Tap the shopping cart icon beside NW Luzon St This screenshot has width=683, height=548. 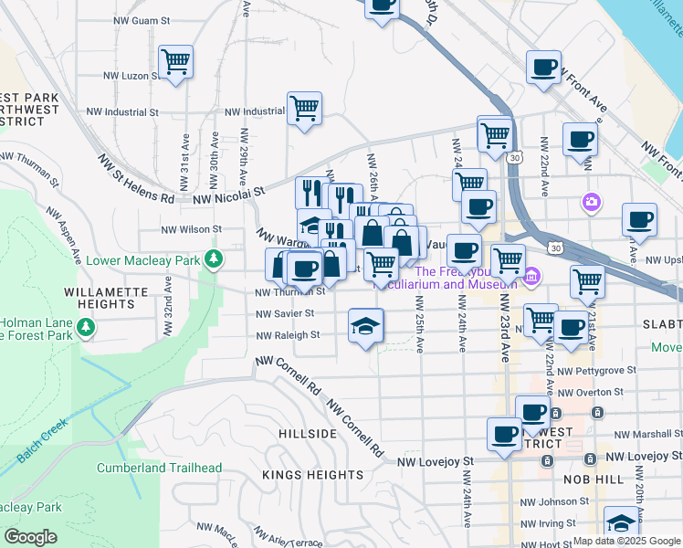[x=175, y=62]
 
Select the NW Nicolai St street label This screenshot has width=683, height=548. [x=228, y=193]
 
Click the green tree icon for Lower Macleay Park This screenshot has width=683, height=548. [x=214, y=260]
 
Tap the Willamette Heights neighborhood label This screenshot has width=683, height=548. [x=51, y=292]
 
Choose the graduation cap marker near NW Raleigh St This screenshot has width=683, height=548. [x=365, y=326]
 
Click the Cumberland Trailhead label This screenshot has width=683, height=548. [x=159, y=469]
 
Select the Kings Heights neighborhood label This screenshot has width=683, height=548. [x=299, y=475]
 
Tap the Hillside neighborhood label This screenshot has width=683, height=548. [x=308, y=436]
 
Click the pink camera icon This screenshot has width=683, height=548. [x=592, y=201]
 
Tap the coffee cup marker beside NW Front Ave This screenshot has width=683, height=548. [x=544, y=68]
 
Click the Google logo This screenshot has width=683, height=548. [x=30, y=537]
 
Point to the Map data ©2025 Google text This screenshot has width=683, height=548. [x=625, y=541]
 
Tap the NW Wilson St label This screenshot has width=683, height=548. [x=191, y=230]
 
